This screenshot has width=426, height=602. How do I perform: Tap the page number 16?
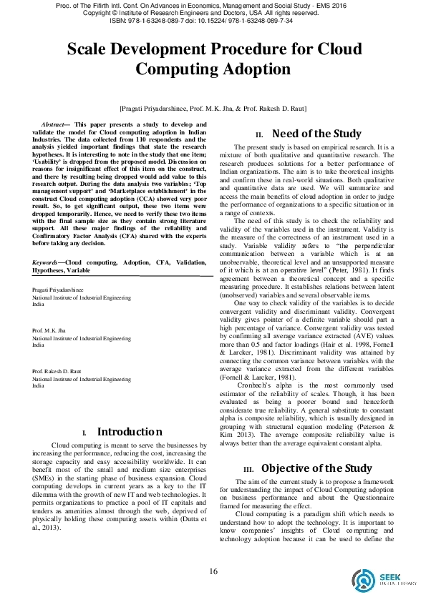[x=213, y=570]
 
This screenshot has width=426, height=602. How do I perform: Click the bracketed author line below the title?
[x=213, y=107]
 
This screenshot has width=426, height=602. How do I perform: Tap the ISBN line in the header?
[x=213, y=21]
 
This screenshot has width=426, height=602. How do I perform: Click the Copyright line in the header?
[x=213, y=13]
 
